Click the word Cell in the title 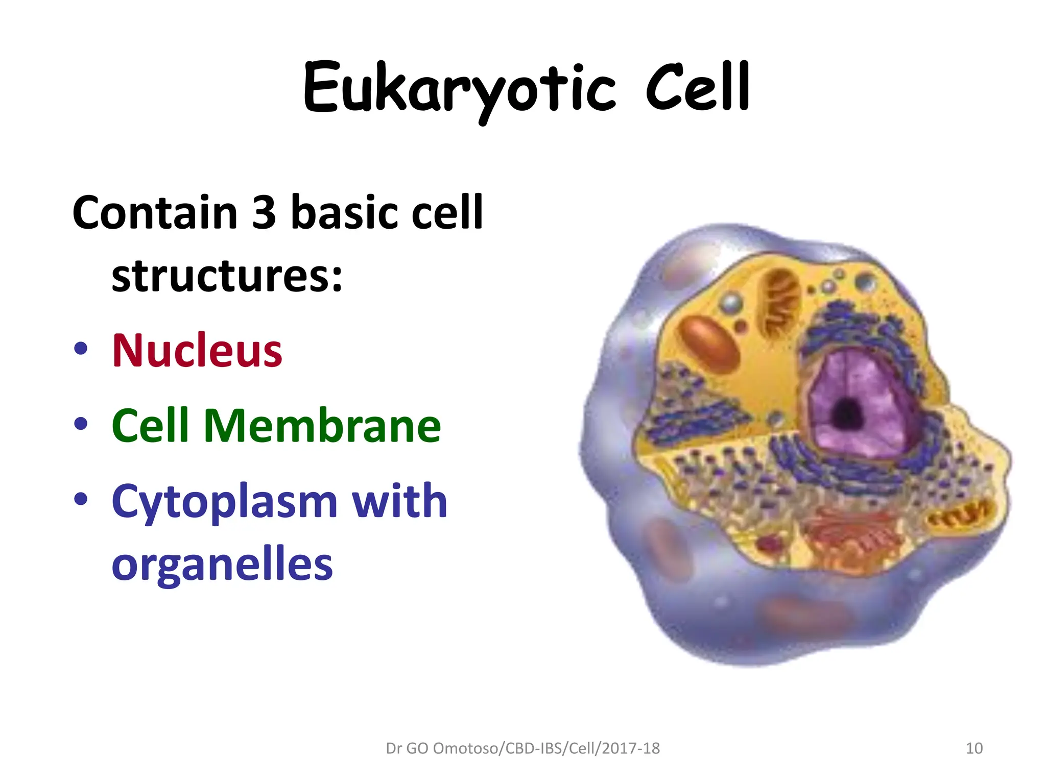pyautogui.click(x=698, y=88)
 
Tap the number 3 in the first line pyautogui.click(x=264, y=212)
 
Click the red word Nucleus pyautogui.click(x=197, y=350)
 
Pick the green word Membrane pyautogui.click(x=322, y=426)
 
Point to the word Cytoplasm pyautogui.click(x=224, y=502)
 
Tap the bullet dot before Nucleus pyautogui.click(x=81, y=349)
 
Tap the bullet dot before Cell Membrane pyautogui.click(x=81, y=424)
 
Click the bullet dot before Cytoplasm pyautogui.click(x=81, y=499)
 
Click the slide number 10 pyautogui.click(x=974, y=748)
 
